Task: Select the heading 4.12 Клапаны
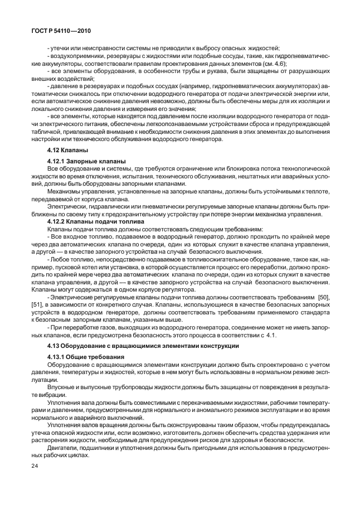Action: click(67, 151)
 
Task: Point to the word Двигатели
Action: click(63, 448)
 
